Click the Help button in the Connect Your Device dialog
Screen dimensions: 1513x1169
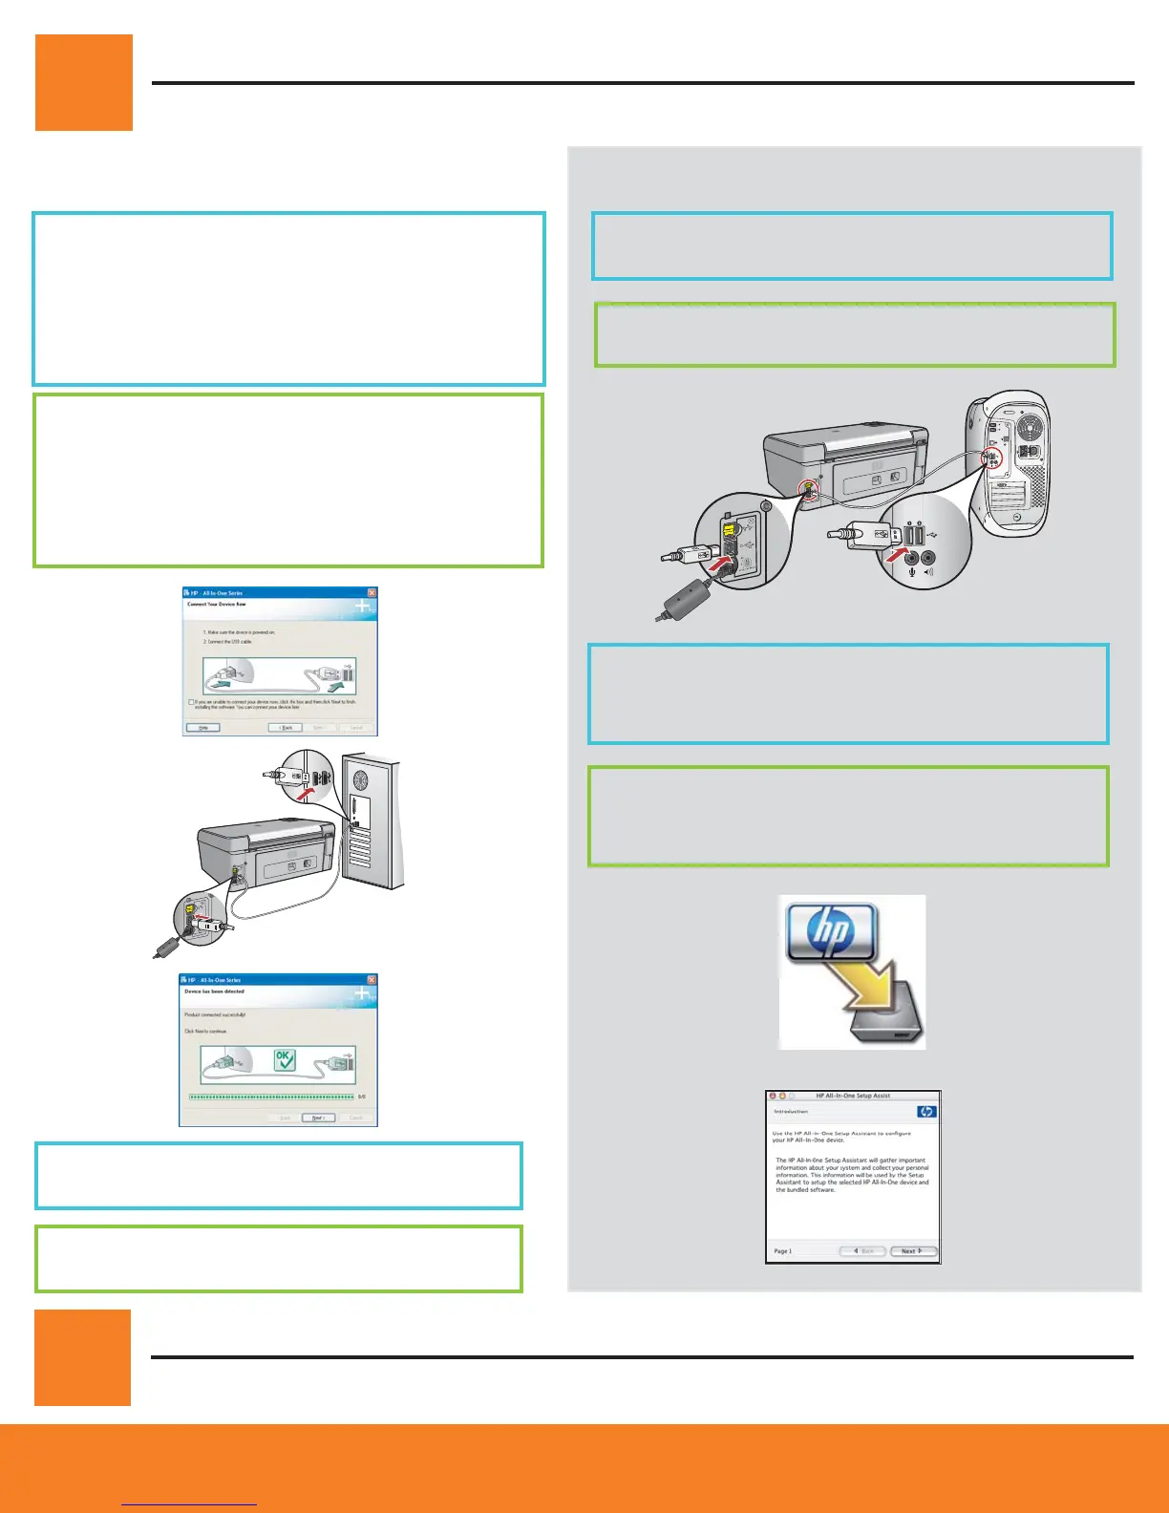coord(203,728)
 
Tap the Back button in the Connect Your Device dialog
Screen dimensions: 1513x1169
coord(286,728)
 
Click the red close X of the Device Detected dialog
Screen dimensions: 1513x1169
coord(372,980)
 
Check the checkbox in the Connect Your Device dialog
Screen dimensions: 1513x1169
coord(191,702)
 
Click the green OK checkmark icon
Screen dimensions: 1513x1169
coord(285,1060)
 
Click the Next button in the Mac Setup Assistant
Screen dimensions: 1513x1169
coord(912,1250)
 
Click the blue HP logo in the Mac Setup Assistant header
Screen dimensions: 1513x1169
coord(925,1112)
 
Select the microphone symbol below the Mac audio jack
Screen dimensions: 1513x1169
coord(912,573)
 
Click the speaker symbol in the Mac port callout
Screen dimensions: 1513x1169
coord(928,573)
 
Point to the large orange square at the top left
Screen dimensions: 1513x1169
coord(84,83)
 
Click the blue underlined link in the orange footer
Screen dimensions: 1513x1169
coord(190,1503)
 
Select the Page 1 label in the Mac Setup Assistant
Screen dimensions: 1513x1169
coord(783,1251)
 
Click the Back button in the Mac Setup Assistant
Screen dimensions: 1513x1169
coord(862,1250)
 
